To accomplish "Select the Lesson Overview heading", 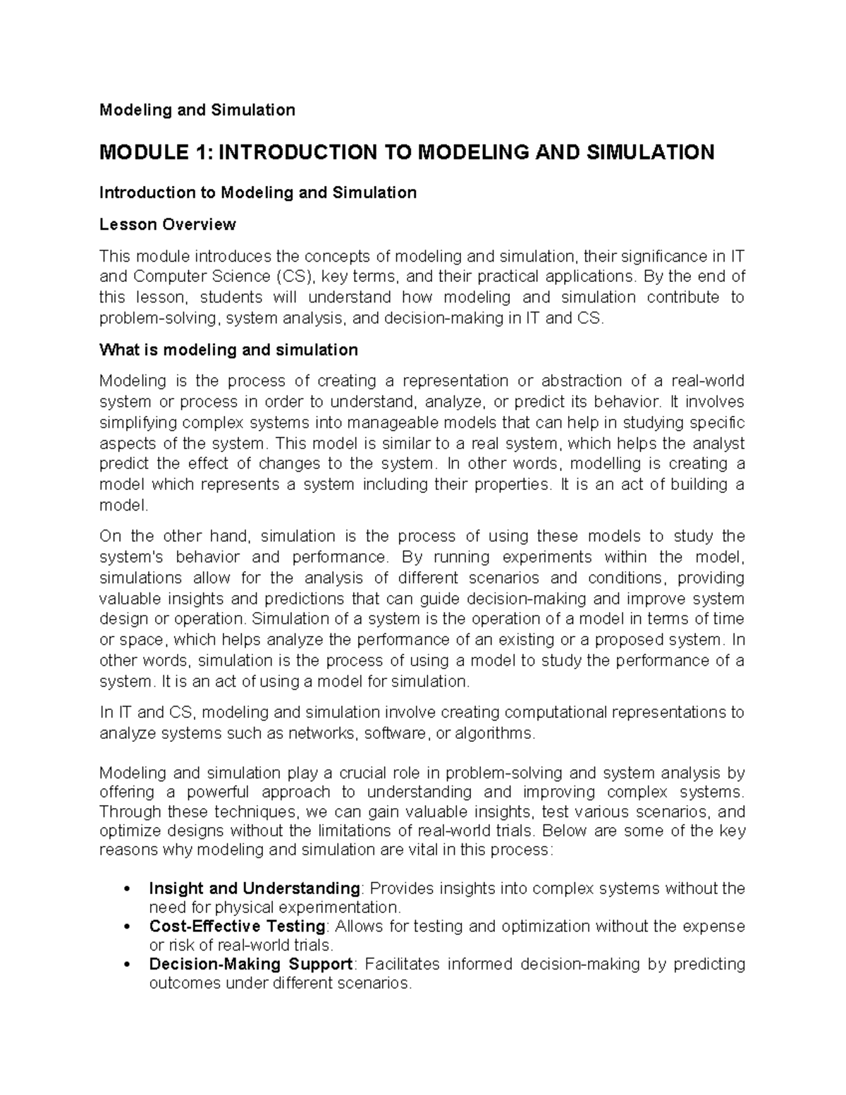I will click(167, 224).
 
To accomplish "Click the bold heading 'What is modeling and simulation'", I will click(228, 350).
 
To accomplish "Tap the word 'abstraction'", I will click(581, 381).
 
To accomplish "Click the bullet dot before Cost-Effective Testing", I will click(126, 926).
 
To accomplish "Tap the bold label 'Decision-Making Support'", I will click(250, 964).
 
